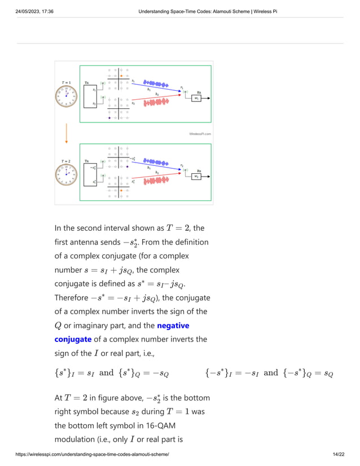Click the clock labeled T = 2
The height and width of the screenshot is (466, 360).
66,175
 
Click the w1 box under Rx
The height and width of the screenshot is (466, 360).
196,98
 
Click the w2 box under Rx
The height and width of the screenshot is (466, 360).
196,176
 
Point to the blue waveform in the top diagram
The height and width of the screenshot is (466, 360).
156,84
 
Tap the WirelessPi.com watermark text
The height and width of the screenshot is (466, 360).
200,134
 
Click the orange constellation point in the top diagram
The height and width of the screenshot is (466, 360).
121,76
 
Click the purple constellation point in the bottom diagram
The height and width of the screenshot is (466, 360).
128,166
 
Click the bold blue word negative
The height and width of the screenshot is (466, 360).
173,326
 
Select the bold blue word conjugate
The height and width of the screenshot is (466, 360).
73,339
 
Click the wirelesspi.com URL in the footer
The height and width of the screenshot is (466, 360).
93,454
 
